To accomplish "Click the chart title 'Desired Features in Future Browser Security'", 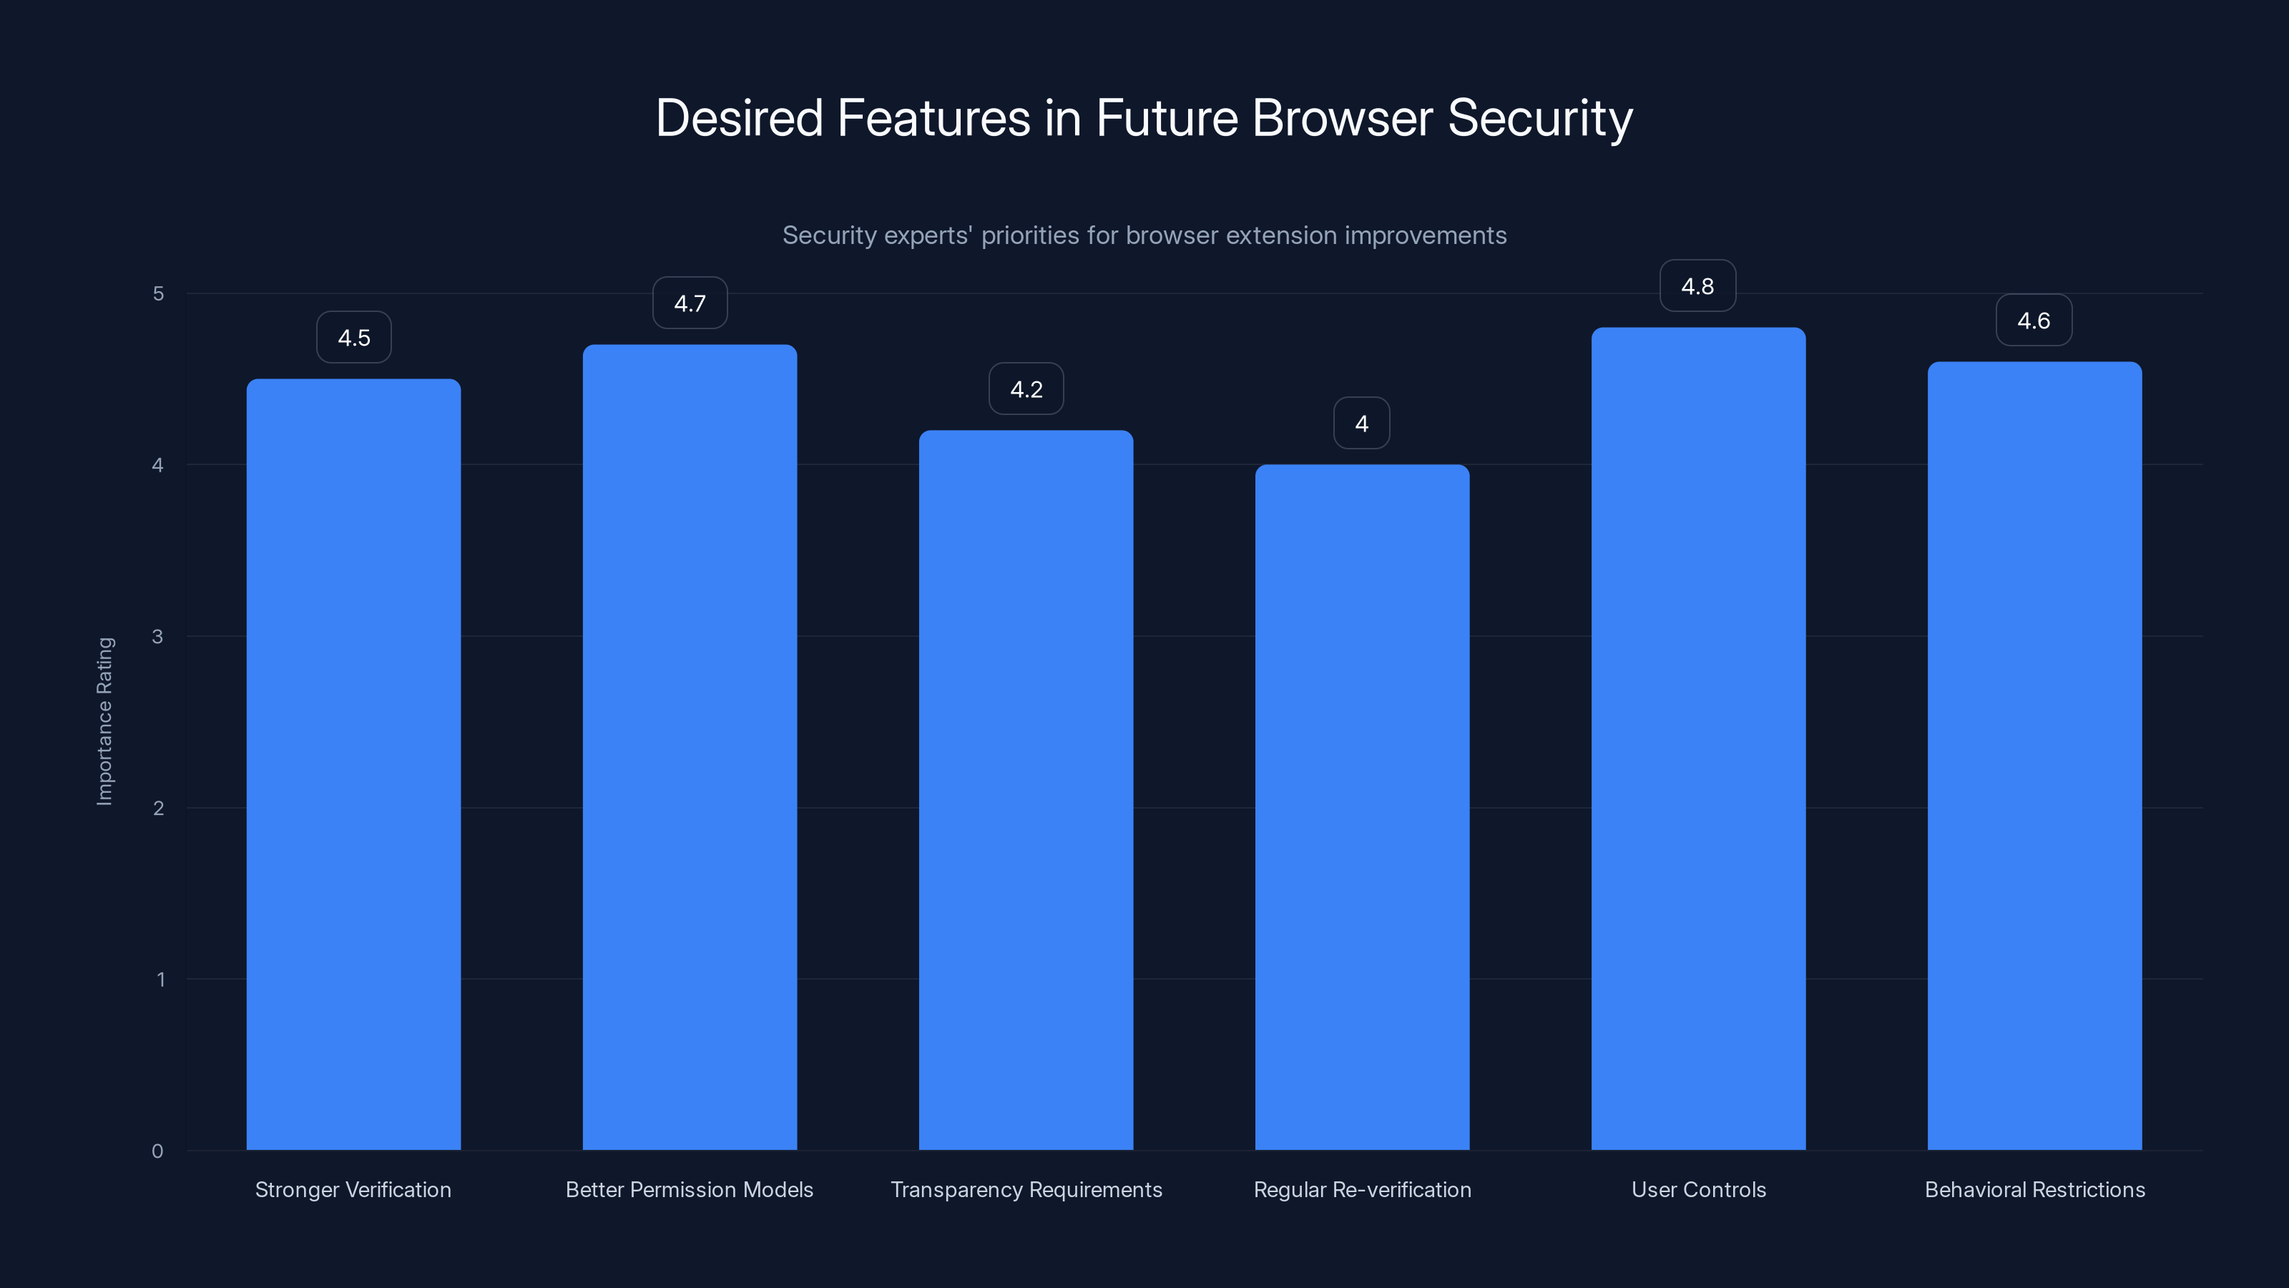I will click(x=1144, y=118).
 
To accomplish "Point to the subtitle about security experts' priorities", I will click(x=1144, y=235).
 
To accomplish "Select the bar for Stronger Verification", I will click(x=353, y=764).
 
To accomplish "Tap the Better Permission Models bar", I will click(x=690, y=746).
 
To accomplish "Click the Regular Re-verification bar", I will click(x=1361, y=807).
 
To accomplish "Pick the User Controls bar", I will click(x=1698, y=738).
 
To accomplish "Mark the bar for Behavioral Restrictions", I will click(x=2034, y=756).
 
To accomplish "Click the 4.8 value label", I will click(x=1697, y=286).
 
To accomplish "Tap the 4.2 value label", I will click(x=1026, y=389).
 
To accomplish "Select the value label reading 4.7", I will click(x=690, y=303).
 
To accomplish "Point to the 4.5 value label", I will click(x=353, y=338).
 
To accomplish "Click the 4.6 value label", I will click(x=2033, y=321).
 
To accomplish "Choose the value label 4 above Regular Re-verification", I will click(x=1361, y=424).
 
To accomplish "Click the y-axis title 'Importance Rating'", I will click(x=105, y=721).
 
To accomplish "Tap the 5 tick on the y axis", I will click(x=158, y=293).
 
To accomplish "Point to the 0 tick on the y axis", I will click(x=157, y=1151).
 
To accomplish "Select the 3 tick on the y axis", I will click(x=157, y=636).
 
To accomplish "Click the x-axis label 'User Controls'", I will click(x=1698, y=1190).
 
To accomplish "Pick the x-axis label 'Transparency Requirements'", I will click(x=1026, y=1190).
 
